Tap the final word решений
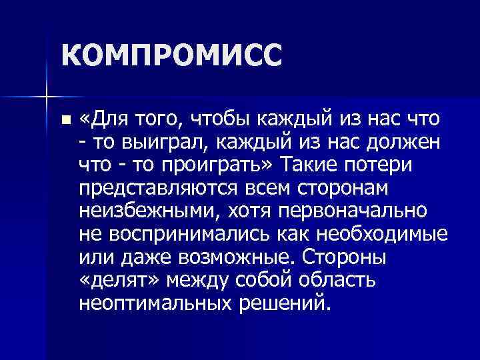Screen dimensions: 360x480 [x=283, y=302]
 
